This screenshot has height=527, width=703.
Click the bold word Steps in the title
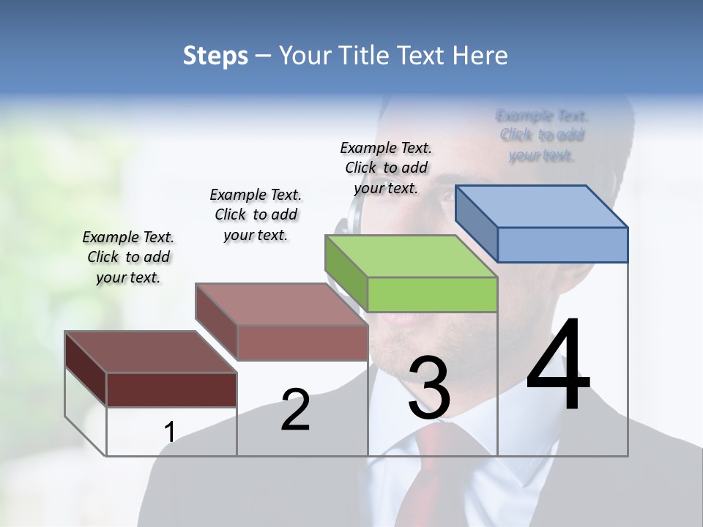click(215, 56)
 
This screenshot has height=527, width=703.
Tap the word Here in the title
click(480, 56)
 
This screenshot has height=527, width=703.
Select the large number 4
click(558, 366)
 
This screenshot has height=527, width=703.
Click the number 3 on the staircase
click(428, 388)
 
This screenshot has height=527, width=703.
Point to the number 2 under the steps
click(295, 410)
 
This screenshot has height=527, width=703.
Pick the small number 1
click(169, 433)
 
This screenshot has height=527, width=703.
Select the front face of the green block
click(432, 295)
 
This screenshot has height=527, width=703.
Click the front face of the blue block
click(562, 244)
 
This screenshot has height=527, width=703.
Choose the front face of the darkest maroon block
click(171, 389)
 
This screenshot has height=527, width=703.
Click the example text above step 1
click(128, 257)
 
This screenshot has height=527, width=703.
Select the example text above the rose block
click(256, 214)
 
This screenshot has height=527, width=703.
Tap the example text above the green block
click(386, 168)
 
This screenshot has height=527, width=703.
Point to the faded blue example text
click(542, 135)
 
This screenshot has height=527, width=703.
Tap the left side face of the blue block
click(476, 223)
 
